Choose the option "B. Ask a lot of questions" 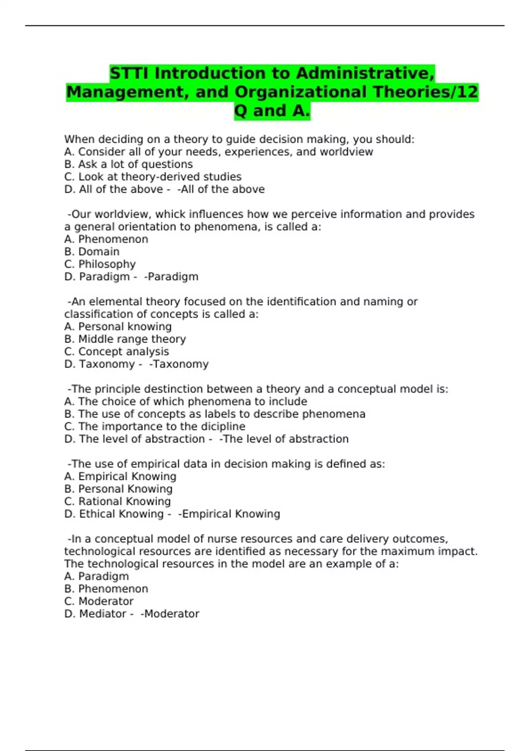[129, 164]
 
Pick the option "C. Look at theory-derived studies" [153, 177]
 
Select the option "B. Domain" [92, 252]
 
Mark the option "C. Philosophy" [100, 264]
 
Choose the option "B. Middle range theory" [125, 339]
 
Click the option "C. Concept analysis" [117, 352]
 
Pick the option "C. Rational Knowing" [117, 502]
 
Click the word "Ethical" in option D [98, 514]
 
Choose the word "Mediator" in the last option [102, 614]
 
